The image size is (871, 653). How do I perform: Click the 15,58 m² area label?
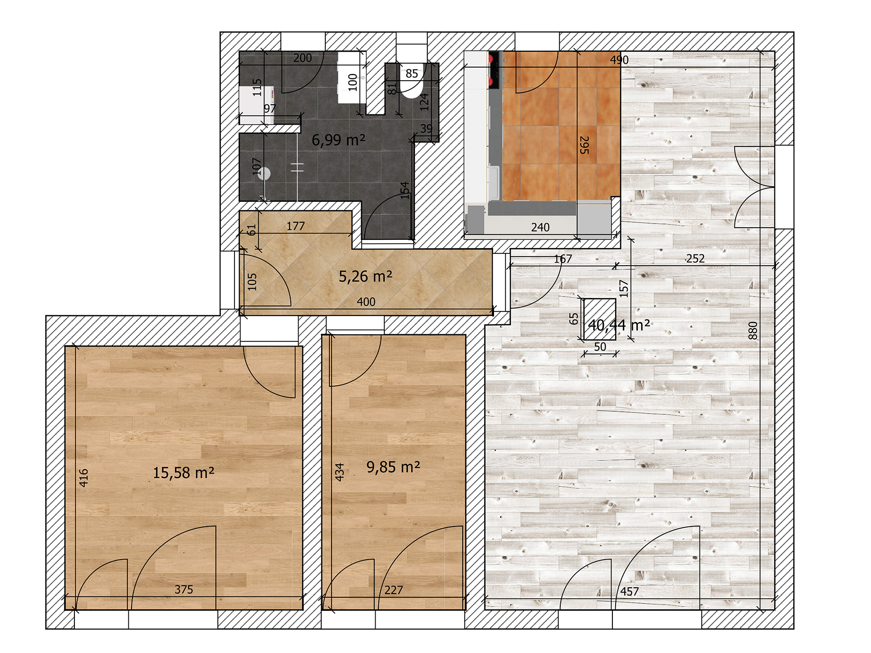point(183,473)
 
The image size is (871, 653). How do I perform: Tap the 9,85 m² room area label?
point(393,467)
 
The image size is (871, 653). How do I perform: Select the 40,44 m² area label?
point(619,325)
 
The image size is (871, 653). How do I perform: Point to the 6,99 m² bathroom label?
point(338,140)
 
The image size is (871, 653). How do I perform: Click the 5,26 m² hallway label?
point(366,276)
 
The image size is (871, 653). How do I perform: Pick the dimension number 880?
point(753,330)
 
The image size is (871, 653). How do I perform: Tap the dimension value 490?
point(619,60)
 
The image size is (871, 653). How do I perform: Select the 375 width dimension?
point(184,590)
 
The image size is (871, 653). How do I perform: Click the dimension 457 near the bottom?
point(630,591)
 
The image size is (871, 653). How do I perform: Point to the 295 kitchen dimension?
point(584,145)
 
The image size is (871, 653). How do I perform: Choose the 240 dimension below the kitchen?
point(540,227)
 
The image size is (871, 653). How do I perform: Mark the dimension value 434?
point(339,472)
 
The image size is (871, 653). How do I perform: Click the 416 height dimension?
point(83,478)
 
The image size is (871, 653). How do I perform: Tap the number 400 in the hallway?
point(366,302)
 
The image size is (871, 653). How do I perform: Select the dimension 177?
point(296,226)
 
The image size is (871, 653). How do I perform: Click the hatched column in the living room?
point(600,319)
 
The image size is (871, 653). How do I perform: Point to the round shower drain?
point(264,173)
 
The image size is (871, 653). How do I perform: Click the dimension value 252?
point(695,258)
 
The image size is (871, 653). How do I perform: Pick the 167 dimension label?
point(563,259)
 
